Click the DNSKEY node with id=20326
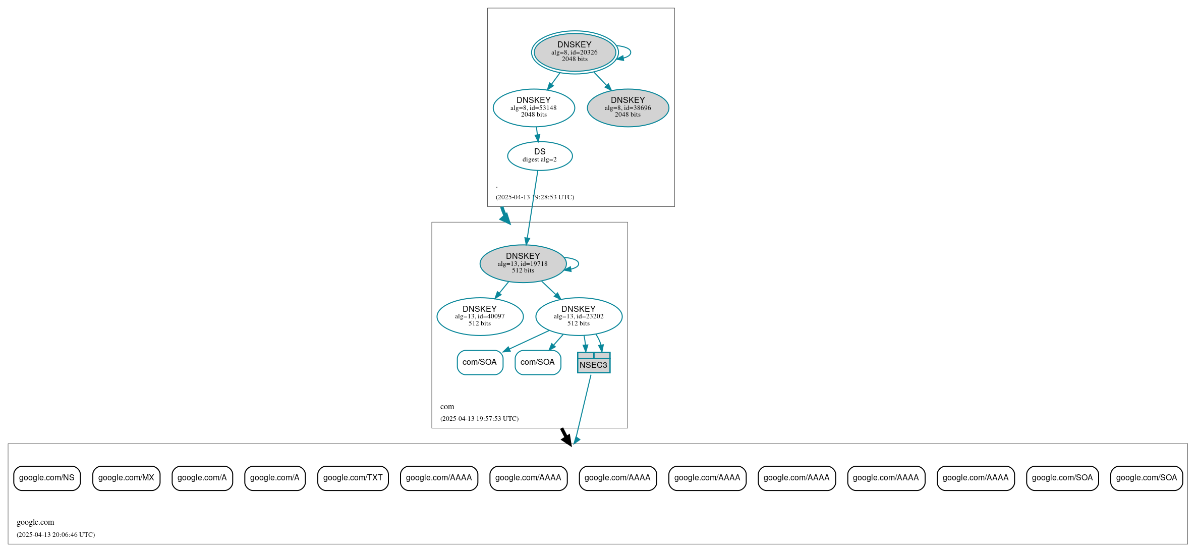pyautogui.click(x=575, y=52)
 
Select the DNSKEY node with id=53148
pyautogui.click(x=534, y=107)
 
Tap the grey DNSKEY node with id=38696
pyautogui.click(x=628, y=107)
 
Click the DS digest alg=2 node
pyautogui.click(x=540, y=156)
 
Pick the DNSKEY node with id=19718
pyautogui.click(x=523, y=263)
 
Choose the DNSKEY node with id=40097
pyautogui.click(x=480, y=316)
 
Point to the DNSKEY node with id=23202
pyautogui.click(x=579, y=316)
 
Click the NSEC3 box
pyautogui.click(x=594, y=363)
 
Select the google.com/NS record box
pyautogui.click(x=47, y=478)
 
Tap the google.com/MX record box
pyautogui.click(x=126, y=478)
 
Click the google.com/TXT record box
pyautogui.click(x=353, y=478)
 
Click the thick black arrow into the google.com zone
pyautogui.click(x=566, y=436)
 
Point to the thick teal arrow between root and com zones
pyautogui.click(x=504, y=215)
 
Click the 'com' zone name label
pyautogui.click(x=447, y=407)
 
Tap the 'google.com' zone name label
pyautogui.click(x=35, y=522)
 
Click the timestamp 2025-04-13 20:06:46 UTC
pyautogui.click(x=55, y=534)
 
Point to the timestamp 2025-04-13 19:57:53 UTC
pyautogui.click(x=479, y=418)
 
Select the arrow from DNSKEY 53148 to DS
pyautogui.click(x=537, y=134)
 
